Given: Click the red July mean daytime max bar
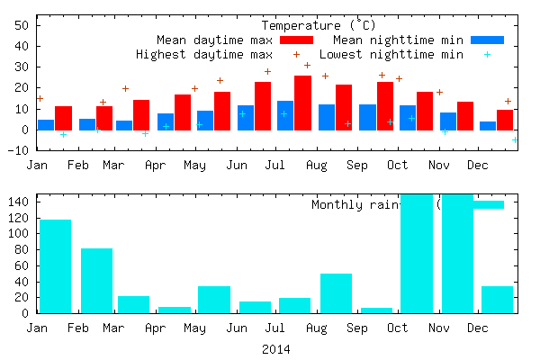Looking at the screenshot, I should (263, 106).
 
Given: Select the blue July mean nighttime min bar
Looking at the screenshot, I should (284, 115).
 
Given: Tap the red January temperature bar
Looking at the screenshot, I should (63, 118).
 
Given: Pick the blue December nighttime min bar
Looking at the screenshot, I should (487, 126).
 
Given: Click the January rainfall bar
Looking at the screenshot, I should (55, 266).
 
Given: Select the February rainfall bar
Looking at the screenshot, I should (96, 281).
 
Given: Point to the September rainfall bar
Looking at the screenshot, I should (376, 310).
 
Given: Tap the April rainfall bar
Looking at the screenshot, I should (174, 310).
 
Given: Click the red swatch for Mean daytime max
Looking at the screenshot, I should (296, 40).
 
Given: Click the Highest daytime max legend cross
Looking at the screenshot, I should (296, 55).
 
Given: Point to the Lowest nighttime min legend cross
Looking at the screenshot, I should (488, 55).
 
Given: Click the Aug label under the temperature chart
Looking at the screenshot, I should (316, 166).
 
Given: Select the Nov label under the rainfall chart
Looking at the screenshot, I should (438, 329).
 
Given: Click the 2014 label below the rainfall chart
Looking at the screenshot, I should (276, 348).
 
